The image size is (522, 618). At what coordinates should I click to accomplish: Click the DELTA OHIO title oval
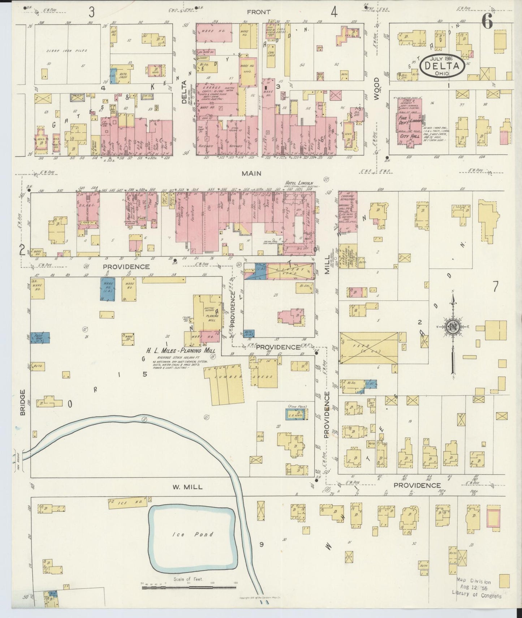[442, 66]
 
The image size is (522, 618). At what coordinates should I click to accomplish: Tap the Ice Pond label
[193, 534]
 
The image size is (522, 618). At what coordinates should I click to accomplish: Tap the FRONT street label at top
[259, 12]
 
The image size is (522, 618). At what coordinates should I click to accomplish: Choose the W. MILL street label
[188, 487]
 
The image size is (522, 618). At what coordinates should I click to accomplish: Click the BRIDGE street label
[23, 402]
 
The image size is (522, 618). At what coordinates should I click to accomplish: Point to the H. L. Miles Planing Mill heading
[180, 351]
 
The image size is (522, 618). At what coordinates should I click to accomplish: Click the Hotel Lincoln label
[299, 183]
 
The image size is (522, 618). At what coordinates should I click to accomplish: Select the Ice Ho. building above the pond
[127, 502]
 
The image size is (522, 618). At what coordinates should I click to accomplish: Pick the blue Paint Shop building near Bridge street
[39, 337]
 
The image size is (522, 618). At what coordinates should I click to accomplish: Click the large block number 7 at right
[495, 287]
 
